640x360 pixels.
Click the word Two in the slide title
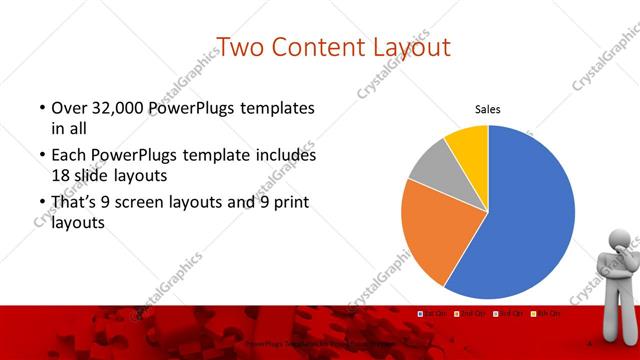241,46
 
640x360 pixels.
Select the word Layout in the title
409,46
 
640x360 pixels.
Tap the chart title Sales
488,110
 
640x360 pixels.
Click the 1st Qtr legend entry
434,314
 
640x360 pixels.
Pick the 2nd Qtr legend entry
470,314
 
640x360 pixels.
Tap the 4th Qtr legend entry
544,314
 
